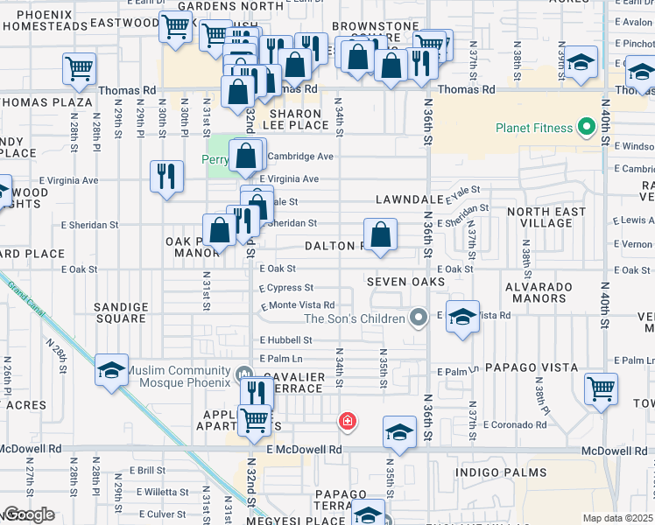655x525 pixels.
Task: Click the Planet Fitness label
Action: pos(534,128)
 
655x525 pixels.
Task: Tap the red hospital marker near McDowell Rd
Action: pos(348,422)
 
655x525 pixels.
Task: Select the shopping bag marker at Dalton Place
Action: pos(380,235)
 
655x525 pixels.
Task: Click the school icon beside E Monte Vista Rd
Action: pos(461,317)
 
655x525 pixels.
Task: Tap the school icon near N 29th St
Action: pos(112,370)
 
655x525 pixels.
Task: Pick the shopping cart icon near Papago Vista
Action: pos(601,389)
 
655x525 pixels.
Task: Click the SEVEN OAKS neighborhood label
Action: pos(406,282)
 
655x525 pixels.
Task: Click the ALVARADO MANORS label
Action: pos(539,292)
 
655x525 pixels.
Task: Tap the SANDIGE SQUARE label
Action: pos(121,312)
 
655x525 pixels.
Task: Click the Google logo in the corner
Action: pos(29,514)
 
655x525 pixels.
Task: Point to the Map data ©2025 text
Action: pos(616,518)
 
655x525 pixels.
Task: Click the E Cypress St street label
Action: pos(286,287)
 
